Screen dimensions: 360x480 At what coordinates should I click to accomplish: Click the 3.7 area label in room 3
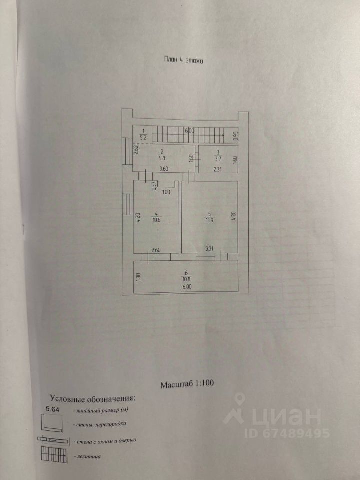pyautogui.click(x=218, y=159)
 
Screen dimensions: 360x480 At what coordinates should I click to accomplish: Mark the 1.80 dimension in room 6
pyautogui.click(x=138, y=278)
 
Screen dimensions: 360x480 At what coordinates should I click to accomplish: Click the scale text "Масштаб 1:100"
pyautogui.click(x=187, y=385)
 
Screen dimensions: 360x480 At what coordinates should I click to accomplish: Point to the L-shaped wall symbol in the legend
pyautogui.click(x=52, y=424)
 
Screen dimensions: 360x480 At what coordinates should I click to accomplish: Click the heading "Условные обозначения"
pyautogui.click(x=92, y=399)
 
